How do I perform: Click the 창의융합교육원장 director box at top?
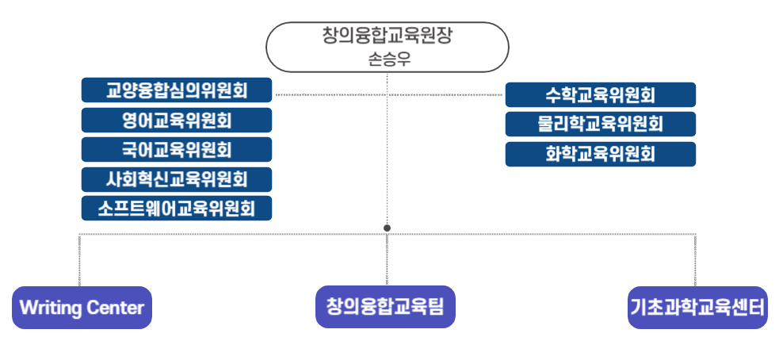[388, 48]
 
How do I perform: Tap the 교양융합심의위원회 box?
[177, 90]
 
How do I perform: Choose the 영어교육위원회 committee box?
[177, 120]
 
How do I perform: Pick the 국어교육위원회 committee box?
[177, 149]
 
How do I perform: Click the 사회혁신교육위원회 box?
[177, 179]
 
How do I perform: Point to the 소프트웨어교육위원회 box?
[177, 208]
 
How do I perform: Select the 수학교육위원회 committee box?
[600, 94]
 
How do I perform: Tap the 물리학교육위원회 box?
[600, 124]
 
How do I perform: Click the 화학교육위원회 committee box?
[600, 154]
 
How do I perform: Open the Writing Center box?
[82, 308]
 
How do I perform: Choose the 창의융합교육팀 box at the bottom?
[385, 307]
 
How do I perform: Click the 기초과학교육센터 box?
[697, 308]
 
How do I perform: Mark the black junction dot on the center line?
[387, 228]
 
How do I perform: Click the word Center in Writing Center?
[115, 308]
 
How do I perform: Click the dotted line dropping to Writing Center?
[79, 259]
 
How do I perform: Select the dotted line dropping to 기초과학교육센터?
[695, 259]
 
